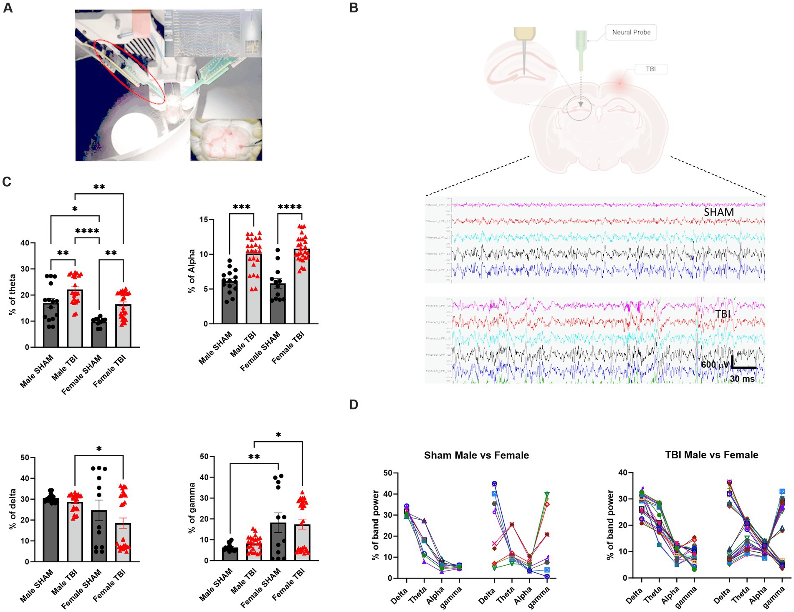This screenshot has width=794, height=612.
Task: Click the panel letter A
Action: (8, 8)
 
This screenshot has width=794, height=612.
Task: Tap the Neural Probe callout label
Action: (631, 32)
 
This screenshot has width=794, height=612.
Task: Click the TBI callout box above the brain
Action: (650, 69)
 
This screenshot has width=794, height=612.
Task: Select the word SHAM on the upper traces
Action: (718, 212)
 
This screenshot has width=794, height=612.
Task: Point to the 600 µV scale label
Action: (715, 364)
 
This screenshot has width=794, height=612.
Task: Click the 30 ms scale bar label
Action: (742, 379)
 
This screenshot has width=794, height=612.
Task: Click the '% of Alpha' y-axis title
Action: (192, 271)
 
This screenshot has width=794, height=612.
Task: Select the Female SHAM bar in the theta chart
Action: (99, 334)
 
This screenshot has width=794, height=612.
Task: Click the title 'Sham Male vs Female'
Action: (476, 455)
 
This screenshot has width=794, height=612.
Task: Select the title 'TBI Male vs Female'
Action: (711, 455)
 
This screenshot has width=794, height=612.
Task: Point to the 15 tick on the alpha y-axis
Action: (203, 220)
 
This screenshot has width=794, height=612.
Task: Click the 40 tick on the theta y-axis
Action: (25, 243)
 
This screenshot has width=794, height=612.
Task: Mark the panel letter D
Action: (354, 405)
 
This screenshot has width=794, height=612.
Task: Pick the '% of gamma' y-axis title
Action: (192, 508)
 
